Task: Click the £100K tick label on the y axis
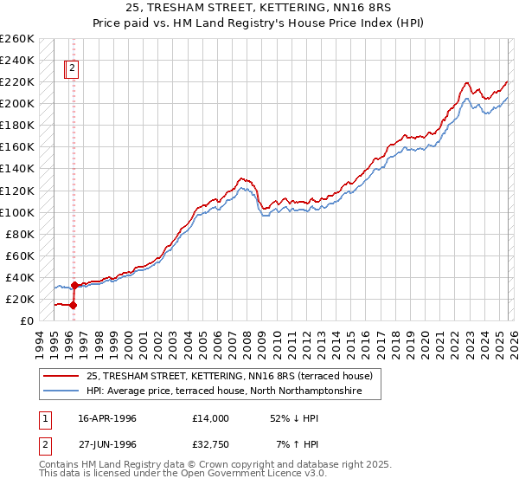coord(17,212)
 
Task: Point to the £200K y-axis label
coord(17,103)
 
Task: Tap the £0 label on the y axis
coord(27,320)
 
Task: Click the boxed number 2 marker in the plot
coord(73,68)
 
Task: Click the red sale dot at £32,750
coord(75,285)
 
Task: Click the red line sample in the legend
coord(62,376)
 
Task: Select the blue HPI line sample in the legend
coord(62,391)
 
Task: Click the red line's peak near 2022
coord(466,83)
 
